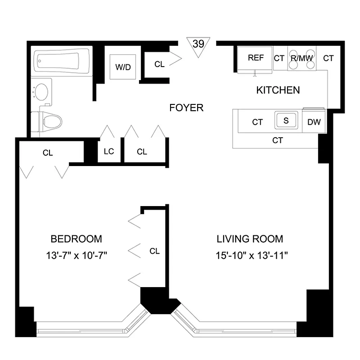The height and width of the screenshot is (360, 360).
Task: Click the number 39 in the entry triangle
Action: coord(197,44)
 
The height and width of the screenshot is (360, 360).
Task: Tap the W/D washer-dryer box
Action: coord(123,67)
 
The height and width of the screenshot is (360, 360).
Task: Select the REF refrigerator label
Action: coord(256,58)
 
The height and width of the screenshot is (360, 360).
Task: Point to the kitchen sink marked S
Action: coord(286,121)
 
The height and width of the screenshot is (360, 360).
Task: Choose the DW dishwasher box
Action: coord(314,122)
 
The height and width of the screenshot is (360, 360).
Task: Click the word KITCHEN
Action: coord(278,90)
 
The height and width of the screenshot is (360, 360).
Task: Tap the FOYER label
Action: coord(186,108)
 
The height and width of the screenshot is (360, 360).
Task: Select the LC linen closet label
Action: coord(109,152)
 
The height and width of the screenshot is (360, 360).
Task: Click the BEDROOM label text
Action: coord(76,238)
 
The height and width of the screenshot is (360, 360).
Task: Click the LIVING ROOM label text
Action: coord(250,238)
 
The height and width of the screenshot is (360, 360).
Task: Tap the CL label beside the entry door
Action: coord(159,64)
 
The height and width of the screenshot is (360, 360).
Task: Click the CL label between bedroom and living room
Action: coord(154,251)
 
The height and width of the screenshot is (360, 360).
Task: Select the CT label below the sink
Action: coord(278,140)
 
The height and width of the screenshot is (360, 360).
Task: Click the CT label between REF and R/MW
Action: coord(279,58)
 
